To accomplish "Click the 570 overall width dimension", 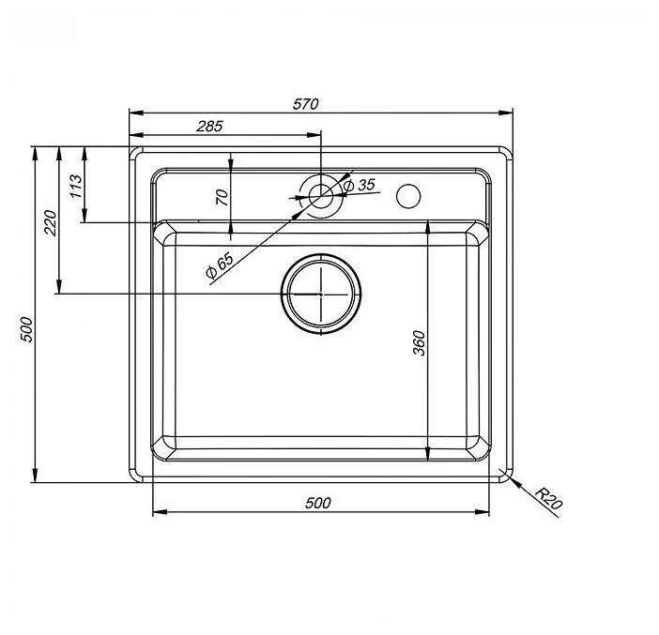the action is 305,104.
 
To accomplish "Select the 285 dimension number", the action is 209,126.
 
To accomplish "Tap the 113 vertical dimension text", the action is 76,186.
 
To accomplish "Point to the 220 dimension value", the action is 50,223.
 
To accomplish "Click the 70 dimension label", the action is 222,197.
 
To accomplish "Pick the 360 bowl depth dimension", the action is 420,343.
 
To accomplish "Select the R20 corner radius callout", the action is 549,498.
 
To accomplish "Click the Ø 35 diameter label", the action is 360,185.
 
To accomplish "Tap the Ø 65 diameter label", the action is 220,265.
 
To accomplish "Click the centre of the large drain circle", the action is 321,294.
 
